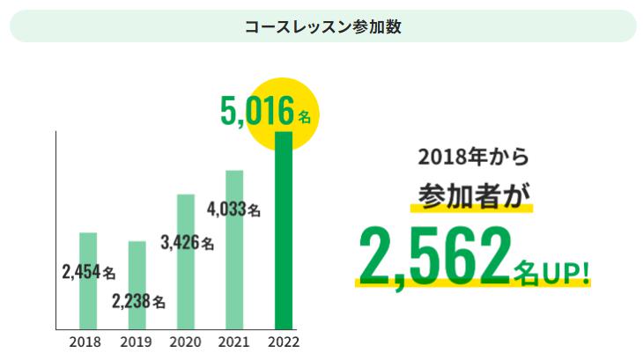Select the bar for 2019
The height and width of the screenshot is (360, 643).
(137, 264)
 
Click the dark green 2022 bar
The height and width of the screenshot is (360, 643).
(283, 229)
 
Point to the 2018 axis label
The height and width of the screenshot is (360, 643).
(85, 342)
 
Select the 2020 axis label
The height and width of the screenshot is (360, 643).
(184, 342)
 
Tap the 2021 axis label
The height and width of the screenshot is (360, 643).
(233, 342)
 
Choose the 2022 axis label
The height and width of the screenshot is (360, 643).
(283, 342)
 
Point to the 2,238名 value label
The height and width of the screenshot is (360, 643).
(138, 302)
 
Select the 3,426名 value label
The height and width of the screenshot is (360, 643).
(187, 244)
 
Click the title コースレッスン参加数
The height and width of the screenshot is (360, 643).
(322, 26)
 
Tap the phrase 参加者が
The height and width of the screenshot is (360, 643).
(471, 195)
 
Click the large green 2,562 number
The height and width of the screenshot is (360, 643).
(433, 256)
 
